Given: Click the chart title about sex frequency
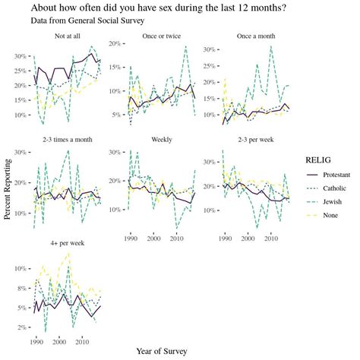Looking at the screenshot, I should click(159, 8).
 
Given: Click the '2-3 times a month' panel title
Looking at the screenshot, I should click(68, 141).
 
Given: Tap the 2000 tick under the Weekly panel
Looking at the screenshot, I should click(153, 238).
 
